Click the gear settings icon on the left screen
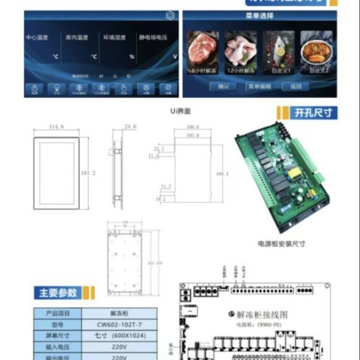(169, 15)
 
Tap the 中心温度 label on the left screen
(37, 38)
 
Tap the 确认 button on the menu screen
(223, 87)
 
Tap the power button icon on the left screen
(35, 89)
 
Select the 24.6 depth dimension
(129, 127)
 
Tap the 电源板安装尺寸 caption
(281, 243)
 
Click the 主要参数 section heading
(59, 293)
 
